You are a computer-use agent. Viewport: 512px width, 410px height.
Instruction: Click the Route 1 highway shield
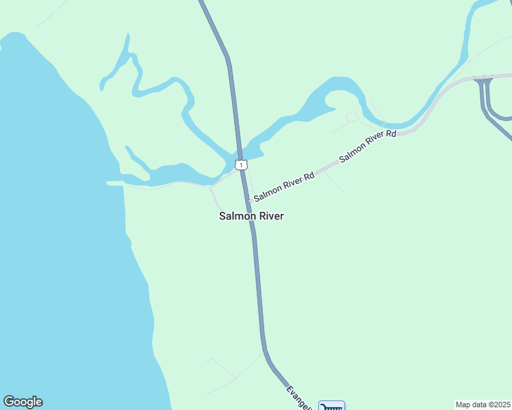(x=241, y=165)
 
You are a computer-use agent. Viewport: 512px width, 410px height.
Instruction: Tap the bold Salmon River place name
(x=251, y=216)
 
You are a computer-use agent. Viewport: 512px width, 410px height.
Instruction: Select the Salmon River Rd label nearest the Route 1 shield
(x=284, y=187)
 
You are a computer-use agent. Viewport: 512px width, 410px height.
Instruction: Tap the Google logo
(x=23, y=402)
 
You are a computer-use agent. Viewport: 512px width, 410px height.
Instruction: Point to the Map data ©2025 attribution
(x=483, y=405)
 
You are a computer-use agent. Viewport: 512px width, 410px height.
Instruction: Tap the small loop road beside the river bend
(x=352, y=118)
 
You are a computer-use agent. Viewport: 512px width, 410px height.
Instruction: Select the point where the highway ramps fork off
(x=483, y=81)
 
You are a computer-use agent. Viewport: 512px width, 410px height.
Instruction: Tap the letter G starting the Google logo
(x=8, y=402)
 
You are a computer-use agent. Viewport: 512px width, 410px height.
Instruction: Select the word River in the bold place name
(x=270, y=216)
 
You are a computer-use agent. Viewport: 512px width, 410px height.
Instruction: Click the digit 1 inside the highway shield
(x=241, y=165)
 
